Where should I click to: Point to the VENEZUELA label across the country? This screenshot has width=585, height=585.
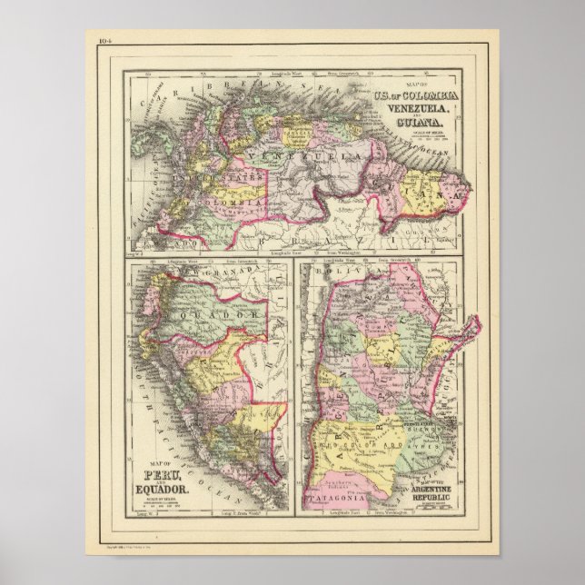pyautogui.click(x=300, y=160)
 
